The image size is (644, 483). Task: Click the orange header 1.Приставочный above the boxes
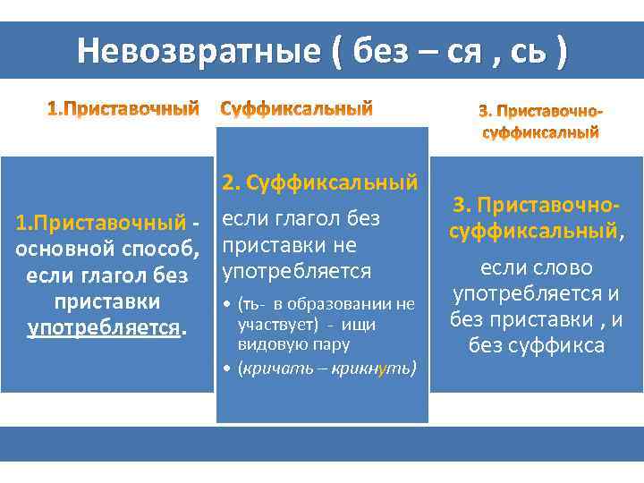[x=122, y=110]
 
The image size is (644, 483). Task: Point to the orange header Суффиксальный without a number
[x=296, y=110]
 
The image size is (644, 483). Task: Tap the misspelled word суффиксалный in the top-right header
[x=540, y=133]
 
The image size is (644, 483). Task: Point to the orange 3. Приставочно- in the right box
[x=535, y=205]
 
